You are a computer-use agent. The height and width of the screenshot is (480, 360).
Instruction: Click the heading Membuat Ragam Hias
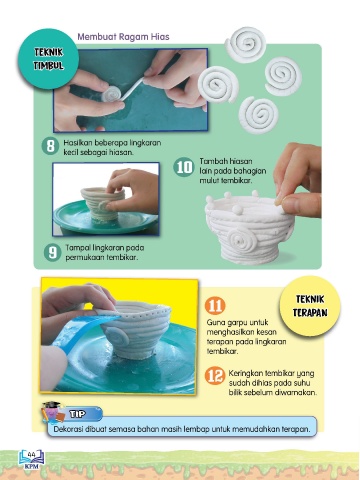point(123,36)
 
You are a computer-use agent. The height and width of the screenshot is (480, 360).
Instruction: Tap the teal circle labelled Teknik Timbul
point(49,59)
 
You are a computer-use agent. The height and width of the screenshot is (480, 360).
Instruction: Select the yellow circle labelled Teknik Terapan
point(310,306)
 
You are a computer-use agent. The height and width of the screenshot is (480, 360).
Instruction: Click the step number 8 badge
point(50,146)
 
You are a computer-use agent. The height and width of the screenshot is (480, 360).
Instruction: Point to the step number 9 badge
point(53,252)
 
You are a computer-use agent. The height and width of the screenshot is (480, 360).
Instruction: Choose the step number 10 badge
point(184,167)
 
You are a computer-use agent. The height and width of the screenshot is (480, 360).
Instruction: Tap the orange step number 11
point(215,306)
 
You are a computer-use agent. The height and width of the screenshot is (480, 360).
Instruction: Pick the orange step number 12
point(215,376)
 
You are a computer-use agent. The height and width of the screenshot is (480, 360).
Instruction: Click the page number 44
point(32,455)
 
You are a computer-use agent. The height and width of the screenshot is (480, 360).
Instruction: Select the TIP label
point(77,414)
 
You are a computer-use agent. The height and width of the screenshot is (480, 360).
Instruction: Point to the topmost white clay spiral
point(246,45)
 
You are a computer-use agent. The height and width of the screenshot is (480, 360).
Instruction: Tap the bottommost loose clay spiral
point(259,114)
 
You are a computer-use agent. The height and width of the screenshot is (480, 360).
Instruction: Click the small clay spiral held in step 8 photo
point(111,94)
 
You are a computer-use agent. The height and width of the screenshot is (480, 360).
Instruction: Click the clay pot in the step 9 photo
point(102,203)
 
